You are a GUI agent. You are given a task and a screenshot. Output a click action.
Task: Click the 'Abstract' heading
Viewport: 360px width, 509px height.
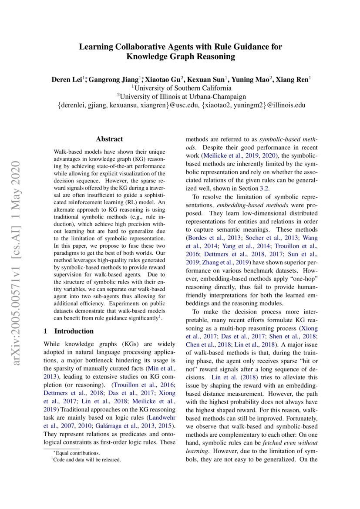(109, 139)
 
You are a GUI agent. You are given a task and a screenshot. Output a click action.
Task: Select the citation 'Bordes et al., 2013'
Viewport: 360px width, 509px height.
(214, 238)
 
